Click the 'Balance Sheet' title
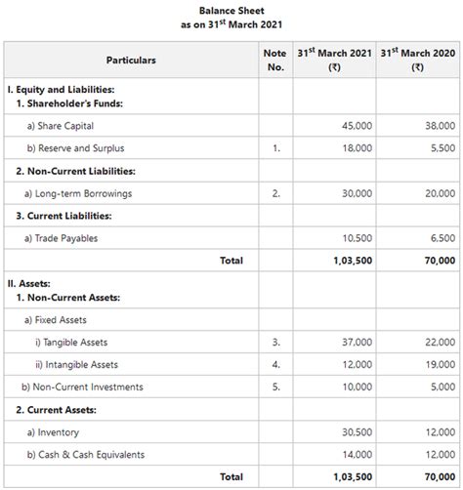pos(231,10)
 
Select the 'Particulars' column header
pos(130,61)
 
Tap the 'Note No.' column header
pos(275,61)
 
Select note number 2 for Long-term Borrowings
pos(275,193)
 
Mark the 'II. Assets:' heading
pos(35,283)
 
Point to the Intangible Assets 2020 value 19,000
pos(439,365)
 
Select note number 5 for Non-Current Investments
pos(275,388)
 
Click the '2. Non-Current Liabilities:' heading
pos(75,171)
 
